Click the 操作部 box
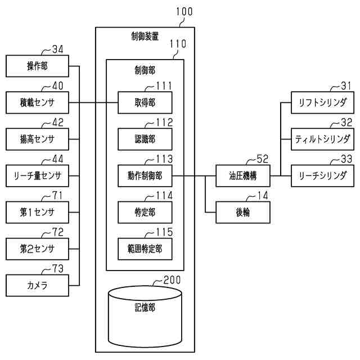click(37, 66)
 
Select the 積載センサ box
click(37, 103)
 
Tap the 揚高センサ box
click(37, 139)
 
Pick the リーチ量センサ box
click(37, 175)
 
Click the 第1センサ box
click(37, 212)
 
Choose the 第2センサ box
click(37, 248)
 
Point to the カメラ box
click(37, 285)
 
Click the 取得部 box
click(145, 103)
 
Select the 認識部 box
click(145, 139)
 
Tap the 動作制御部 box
click(145, 175)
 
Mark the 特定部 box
click(145, 212)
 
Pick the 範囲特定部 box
click(145, 248)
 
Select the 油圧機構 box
click(243, 175)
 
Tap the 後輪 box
click(243, 212)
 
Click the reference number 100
click(184, 11)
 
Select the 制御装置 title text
click(145, 37)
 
